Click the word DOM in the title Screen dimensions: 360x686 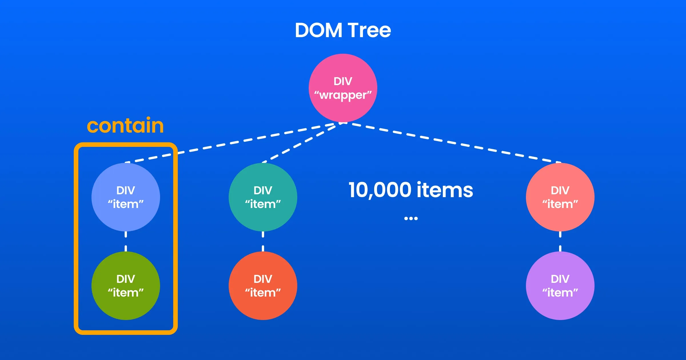pyautogui.click(x=318, y=30)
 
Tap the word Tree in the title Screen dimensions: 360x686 pyautogui.click(x=369, y=30)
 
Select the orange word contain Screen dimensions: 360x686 pyautogui.click(x=125, y=126)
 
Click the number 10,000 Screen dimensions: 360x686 pyautogui.click(x=380, y=190)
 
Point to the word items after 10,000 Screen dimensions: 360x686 pyautogui.click(x=445, y=190)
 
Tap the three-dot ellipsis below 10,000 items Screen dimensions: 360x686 pyautogui.click(x=411, y=219)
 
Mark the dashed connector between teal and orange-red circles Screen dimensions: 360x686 pyautogui.click(x=263, y=241)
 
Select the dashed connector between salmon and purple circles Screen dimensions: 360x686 pyautogui.click(x=560, y=241)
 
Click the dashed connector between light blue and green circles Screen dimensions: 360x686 pyautogui.click(x=125, y=241)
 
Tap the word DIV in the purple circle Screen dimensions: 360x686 pyautogui.click(x=560, y=279)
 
